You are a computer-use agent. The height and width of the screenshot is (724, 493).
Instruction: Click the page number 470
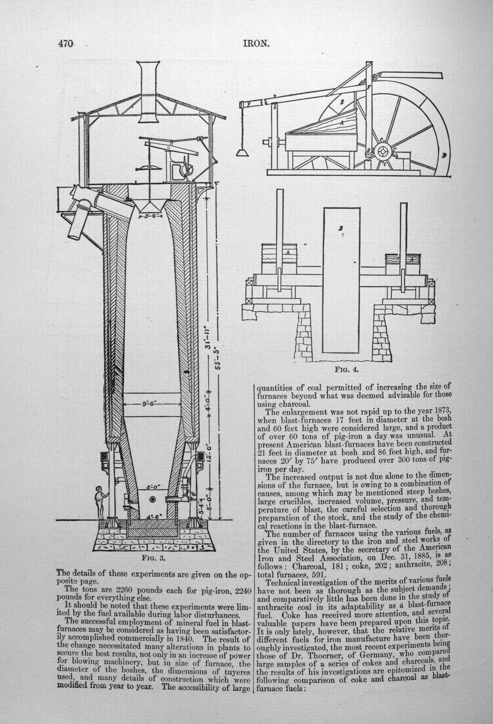pyautogui.click(x=66, y=43)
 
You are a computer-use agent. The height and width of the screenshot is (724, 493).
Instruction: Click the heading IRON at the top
pyautogui.click(x=256, y=43)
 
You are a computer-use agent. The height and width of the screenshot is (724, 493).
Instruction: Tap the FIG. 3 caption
pyautogui.click(x=154, y=558)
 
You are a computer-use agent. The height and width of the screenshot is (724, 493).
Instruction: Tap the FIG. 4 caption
pyautogui.click(x=347, y=370)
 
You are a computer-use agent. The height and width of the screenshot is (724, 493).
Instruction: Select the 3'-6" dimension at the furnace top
pyautogui.click(x=151, y=215)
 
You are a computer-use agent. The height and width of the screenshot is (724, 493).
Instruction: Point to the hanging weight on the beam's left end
pyautogui.click(x=242, y=152)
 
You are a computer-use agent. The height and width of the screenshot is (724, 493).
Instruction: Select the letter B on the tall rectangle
pyautogui.click(x=341, y=228)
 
